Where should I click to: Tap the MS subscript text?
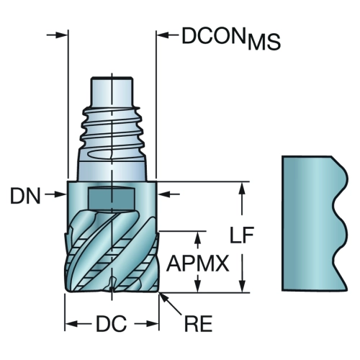pyautogui.click(x=264, y=42)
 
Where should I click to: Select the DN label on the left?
pyautogui.click(x=25, y=196)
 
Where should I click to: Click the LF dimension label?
pyautogui.click(x=241, y=235)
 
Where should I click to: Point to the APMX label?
pyautogui.click(x=197, y=264)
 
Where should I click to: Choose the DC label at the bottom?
pyautogui.click(x=111, y=324)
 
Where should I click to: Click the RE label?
pyautogui.click(x=198, y=324)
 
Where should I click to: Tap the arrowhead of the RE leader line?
pyautogui.click(x=161, y=296)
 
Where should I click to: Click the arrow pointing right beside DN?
pyautogui.click(x=55, y=194)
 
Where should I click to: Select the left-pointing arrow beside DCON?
pyautogui.click(x=168, y=35)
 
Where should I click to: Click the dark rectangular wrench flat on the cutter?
pyautogui.click(x=111, y=198)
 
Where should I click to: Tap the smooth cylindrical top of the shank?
pyautogui.click(x=112, y=91)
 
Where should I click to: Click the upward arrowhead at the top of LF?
pyautogui.click(x=243, y=188)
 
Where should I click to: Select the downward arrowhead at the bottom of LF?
pyautogui.click(x=243, y=287)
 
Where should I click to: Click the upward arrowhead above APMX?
pyautogui.click(x=198, y=237)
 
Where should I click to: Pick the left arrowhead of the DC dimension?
pyautogui.click(x=71, y=324)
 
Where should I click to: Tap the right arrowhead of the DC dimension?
pyautogui.click(x=152, y=324)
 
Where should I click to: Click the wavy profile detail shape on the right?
pyautogui.click(x=315, y=223)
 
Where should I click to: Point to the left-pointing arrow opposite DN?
pyautogui.click(x=169, y=194)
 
